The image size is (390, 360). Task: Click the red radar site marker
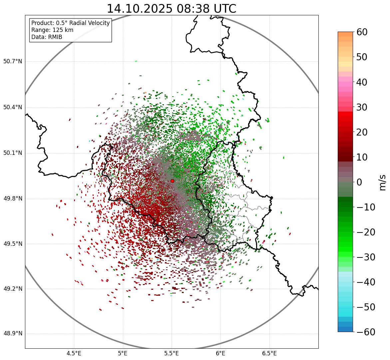pyautogui.click(x=173, y=181)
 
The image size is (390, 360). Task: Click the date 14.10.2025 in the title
pyautogui.click(x=140, y=9)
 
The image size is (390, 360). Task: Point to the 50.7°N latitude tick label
pyautogui.click(x=13, y=62)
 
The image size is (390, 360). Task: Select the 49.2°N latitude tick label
pyautogui.click(x=13, y=289)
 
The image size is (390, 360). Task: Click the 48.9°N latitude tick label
pyautogui.click(x=13, y=334)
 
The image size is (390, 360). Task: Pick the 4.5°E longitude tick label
pyautogui.click(x=74, y=353)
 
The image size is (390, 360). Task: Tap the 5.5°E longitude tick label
pyautogui.click(x=172, y=353)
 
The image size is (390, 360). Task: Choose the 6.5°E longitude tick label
pyautogui.click(x=269, y=353)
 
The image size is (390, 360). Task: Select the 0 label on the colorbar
pyautogui.click(x=359, y=182)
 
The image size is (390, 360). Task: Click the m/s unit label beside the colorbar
pyautogui.click(x=382, y=182)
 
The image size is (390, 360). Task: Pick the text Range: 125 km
pyautogui.click(x=52, y=30)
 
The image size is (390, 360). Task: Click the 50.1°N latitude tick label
pyautogui.click(x=13, y=153)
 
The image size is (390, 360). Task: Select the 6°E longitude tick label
pyautogui.click(x=220, y=353)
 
